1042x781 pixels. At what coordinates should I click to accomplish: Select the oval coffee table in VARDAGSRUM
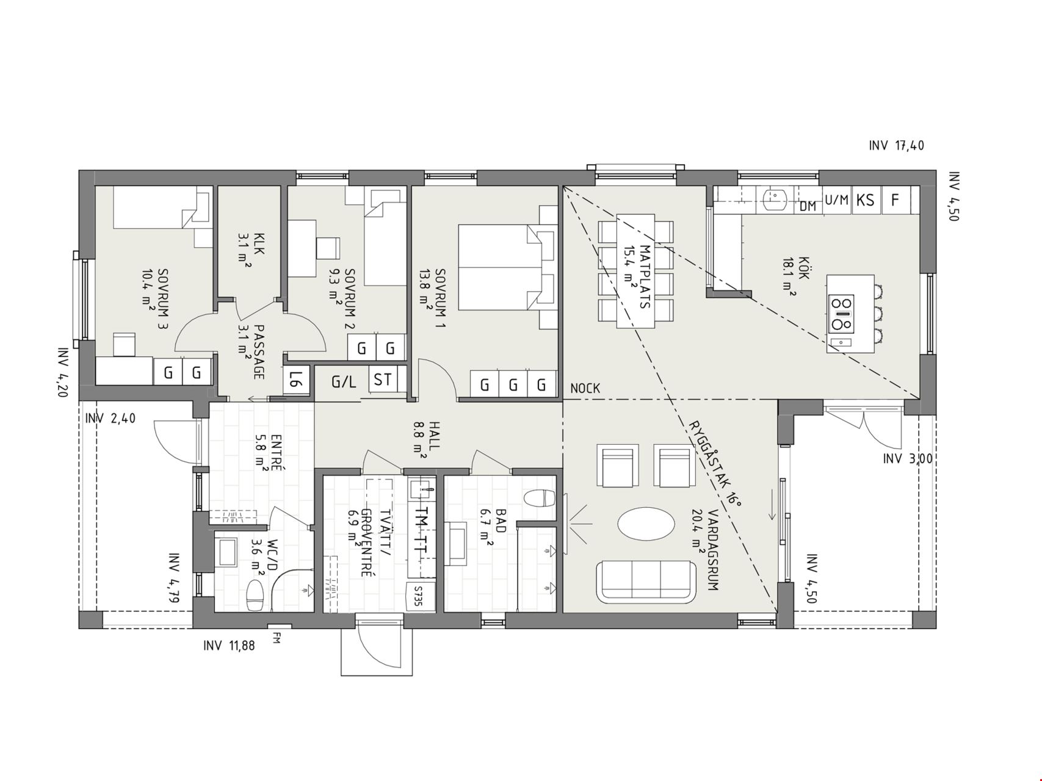646,524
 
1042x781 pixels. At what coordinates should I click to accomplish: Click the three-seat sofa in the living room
646,580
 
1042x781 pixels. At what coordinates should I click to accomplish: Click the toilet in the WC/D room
255,595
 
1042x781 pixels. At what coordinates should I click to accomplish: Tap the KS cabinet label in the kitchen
865,200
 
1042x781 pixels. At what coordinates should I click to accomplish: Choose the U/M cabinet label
837,200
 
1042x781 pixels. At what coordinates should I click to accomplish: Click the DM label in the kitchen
808,206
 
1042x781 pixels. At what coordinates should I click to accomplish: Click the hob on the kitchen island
842,314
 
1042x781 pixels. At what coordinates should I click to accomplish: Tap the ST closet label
383,380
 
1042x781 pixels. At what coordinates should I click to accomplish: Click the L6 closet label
294,381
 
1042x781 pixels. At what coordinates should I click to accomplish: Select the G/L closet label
344,383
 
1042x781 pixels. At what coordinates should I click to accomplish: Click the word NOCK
585,388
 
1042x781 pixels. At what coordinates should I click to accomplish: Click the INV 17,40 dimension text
896,145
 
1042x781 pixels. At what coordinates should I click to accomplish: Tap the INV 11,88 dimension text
229,645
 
